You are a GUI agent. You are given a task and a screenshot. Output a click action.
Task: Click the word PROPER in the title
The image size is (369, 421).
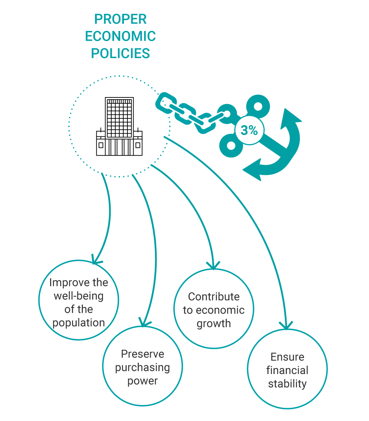coord(120,19)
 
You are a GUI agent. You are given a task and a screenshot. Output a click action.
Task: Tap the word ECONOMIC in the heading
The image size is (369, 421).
coord(120,37)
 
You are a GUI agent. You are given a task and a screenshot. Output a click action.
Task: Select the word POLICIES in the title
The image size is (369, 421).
coord(120,54)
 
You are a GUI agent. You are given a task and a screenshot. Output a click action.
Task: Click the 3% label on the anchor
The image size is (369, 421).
coord(249,130)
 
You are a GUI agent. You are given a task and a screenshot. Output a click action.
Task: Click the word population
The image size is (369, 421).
coord(79,323)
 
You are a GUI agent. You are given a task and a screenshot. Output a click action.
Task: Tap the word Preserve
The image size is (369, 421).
coord(142,354)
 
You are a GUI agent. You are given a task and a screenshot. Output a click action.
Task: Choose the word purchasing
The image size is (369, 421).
coord(142,367)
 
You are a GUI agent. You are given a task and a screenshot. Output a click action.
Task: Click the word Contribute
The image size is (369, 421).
coord(214,297)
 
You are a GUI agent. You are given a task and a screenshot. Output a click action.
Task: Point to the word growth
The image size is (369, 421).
coord(214,324)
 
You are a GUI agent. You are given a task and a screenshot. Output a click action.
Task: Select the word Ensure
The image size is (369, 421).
coord(287,357)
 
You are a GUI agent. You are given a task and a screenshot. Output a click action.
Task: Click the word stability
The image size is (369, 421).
coord(287,384)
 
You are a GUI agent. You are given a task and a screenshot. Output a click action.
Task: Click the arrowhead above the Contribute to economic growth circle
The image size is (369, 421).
coord(213,267)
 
